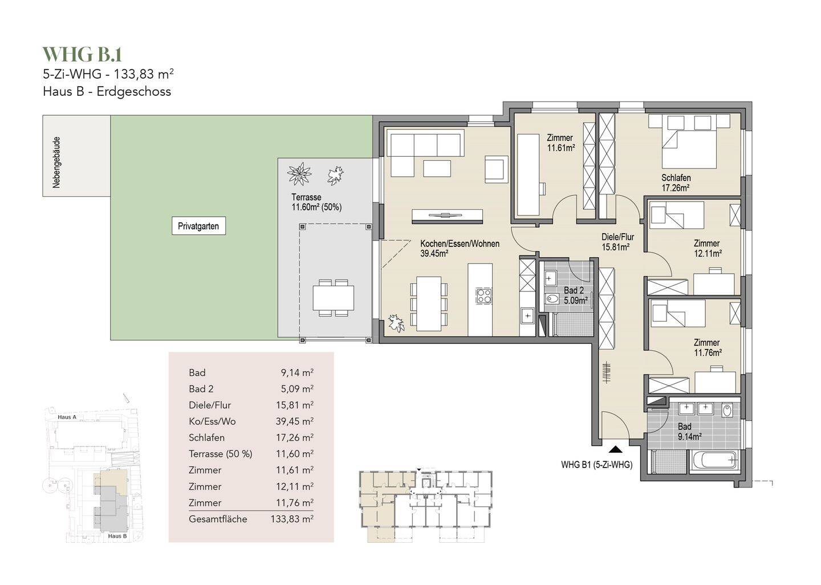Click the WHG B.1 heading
pyautogui.click(x=82, y=55)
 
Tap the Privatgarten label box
pyautogui.click(x=198, y=226)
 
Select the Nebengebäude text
pyautogui.click(x=56, y=162)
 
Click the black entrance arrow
pyautogui.click(x=616, y=450)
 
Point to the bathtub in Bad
pyautogui.click(x=714, y=460)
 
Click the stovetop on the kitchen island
pyautogui.click(x=484, y=296)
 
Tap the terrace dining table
pyautogui.click(x=333, y=298)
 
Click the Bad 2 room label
pyautogui.click(x=576, y=295)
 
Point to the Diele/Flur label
pyautogui.click(x=617, y=242)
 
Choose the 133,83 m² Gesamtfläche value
pyautogui.click(x=292, y=519)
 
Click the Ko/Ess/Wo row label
pyautogui.click(x=212, y=421)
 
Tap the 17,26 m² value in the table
pyautogui.click(x=295, y=438)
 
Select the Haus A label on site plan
pyautogui.click(x=67, y=417)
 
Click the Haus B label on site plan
pyautogui.click(x=117, y=536)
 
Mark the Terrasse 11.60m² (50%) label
pyautogui.click(x=316, y=202)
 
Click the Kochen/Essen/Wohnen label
pyautogui.click(x=460, y=249)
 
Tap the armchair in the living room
pyautogui.click(x=497, y=169)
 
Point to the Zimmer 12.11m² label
pyautogui.click(x=708, y=248)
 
